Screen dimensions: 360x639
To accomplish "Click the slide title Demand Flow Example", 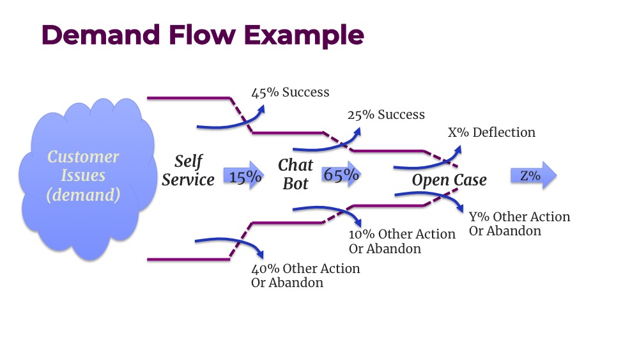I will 203,35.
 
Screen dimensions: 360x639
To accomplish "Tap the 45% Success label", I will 290,92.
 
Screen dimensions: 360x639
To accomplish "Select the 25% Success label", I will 386,115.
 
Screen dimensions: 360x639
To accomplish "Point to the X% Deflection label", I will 491,132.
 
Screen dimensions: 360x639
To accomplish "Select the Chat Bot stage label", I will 295,175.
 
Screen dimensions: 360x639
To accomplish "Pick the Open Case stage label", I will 449,180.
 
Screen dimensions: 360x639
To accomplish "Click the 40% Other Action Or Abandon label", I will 305,275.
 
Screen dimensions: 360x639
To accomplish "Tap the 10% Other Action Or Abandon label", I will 402,241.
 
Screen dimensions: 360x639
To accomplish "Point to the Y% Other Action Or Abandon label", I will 519,223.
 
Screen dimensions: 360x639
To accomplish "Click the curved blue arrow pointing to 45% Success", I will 230,123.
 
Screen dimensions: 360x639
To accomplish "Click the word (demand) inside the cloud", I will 83,195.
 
